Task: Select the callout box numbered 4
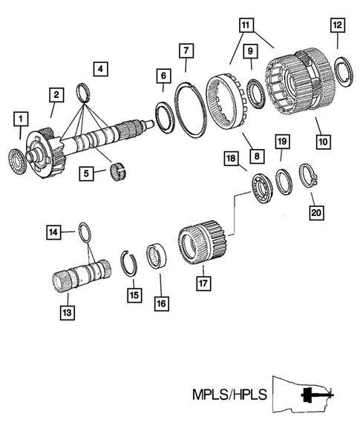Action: [x=101, y=70]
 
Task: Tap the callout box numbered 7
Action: [x=186, y=50]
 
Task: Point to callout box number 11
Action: [x=246, y=24]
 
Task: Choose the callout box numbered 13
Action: [x=66, y=313]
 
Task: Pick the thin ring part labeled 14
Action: [x=85, y=234]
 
